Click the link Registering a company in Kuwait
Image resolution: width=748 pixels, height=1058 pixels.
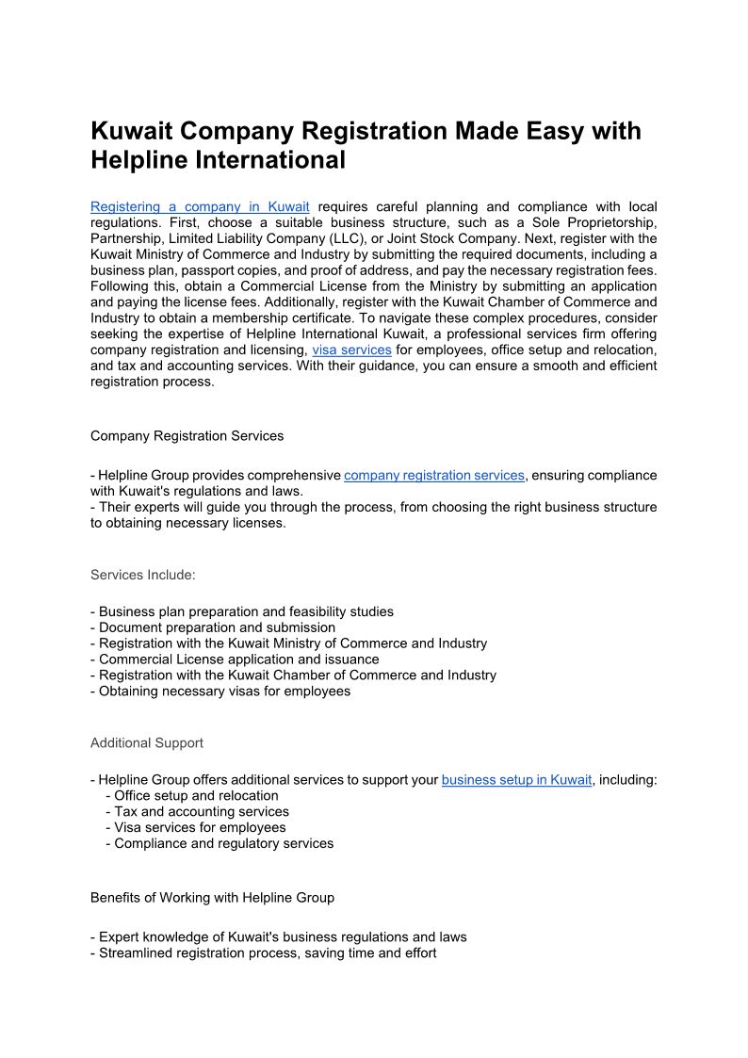point(200,206)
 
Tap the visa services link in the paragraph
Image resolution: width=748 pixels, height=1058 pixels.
point(351,350)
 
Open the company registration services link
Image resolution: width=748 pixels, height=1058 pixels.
point(434,476)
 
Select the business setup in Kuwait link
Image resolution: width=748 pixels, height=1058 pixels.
point(516,780)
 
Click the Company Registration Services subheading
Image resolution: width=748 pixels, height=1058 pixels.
point(187,436)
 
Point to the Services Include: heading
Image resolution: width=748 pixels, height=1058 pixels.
point(143,575)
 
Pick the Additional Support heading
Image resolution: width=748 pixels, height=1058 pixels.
point(147,743)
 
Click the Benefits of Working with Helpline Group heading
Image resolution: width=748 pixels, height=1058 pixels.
point(212,898)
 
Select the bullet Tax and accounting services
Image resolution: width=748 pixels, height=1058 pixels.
point(202,811)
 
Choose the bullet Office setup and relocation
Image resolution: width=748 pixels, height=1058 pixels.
point(196,796)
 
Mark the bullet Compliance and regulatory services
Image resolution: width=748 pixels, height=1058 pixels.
point(224,843)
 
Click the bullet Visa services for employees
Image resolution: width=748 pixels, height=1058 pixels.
point(200,827)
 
